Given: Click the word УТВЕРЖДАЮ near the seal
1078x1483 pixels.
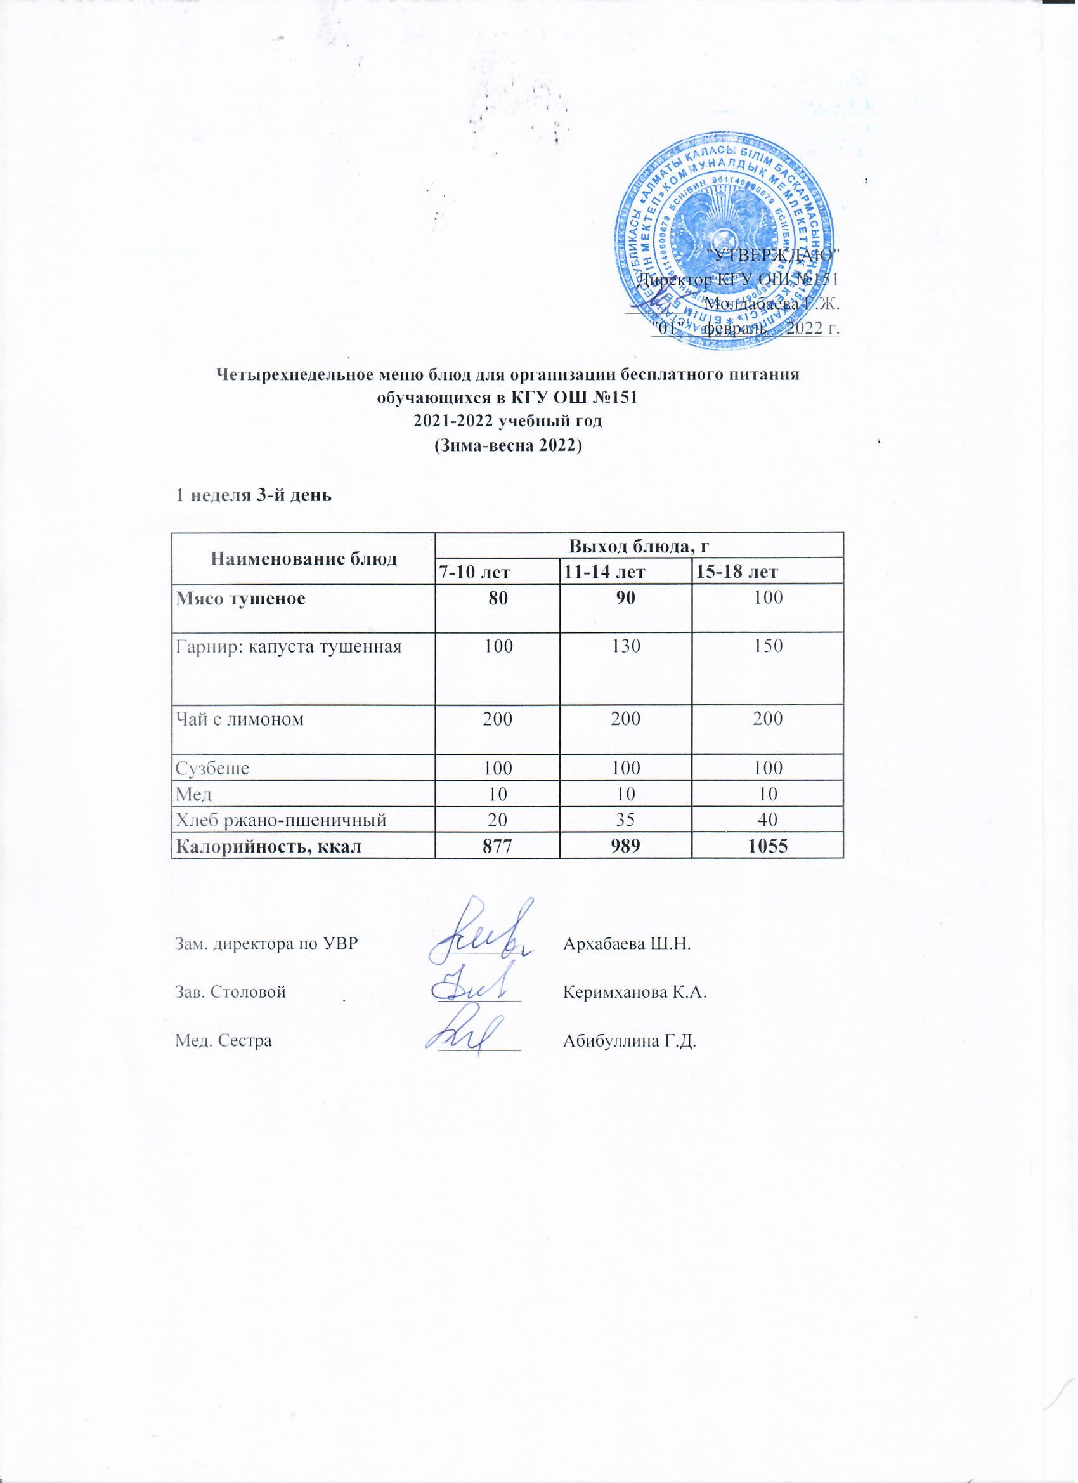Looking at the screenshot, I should (x=774, y=255).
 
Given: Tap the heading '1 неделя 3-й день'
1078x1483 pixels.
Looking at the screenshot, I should (x=252, y=495).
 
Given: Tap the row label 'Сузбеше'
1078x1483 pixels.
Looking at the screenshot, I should (x=212, y=768).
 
